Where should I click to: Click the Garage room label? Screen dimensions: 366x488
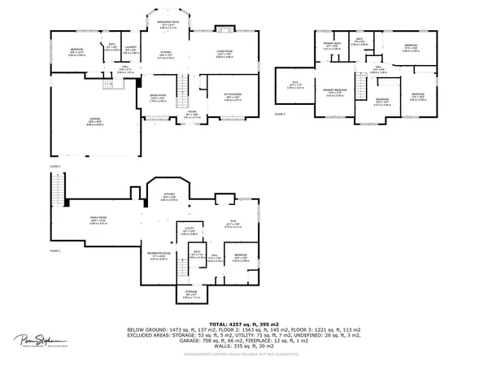95,120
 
